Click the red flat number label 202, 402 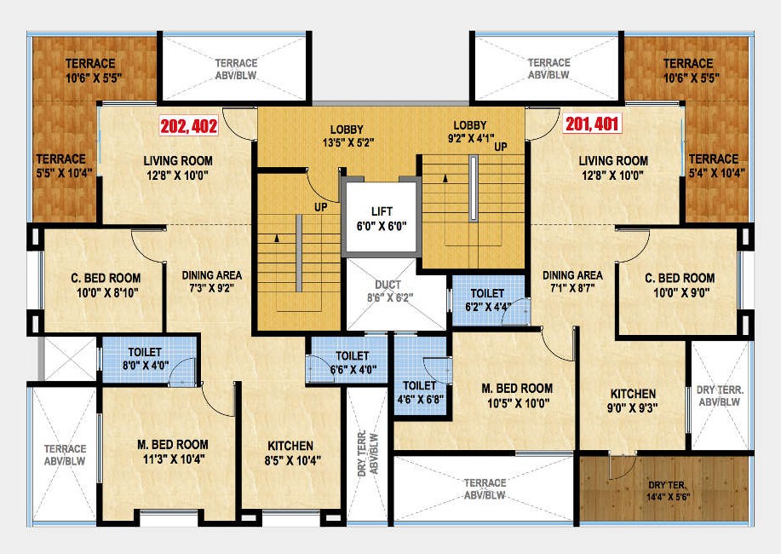(x=188, y=126)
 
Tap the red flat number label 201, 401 (x=593, y=124)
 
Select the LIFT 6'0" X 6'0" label (x=381, y=219)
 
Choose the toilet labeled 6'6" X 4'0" (x=352, y=362)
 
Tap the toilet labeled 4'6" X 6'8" (x=419, y=393)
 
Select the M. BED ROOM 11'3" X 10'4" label (x=173, y=451)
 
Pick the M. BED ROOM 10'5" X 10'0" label (x=516, y=396)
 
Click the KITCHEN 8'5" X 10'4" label (x=290, y=453)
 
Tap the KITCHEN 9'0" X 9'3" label (x=633, y=401)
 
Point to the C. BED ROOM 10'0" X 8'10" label (x=106, y=286)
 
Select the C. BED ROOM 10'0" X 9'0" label (x=680, y=286)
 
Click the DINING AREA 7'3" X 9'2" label (x=211, y=282)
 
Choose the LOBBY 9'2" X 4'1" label (x=469, y=133)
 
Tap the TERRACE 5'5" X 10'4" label (x=60, y=165)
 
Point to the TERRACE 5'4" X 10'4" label (x=713, y=165)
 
